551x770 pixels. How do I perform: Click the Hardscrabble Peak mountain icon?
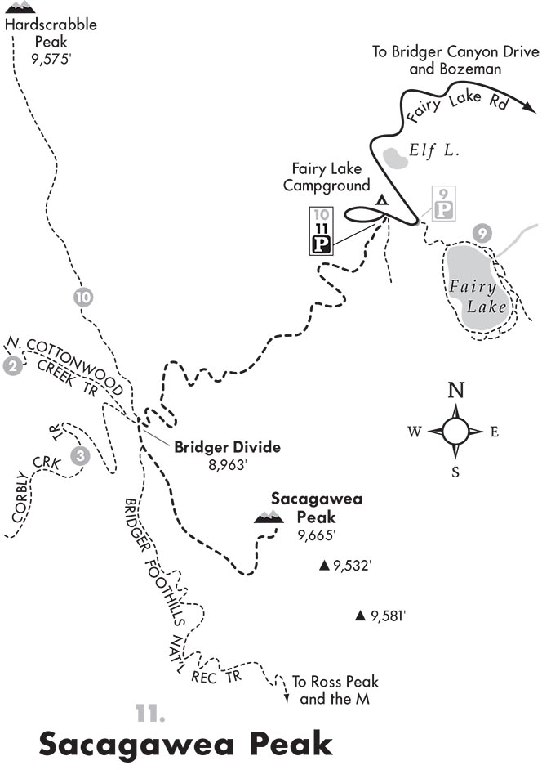coord(20,8)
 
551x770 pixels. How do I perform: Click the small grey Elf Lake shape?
coord(397,156)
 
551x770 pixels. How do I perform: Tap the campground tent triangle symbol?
coord(380,199)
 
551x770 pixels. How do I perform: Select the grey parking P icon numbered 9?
coord(443,210)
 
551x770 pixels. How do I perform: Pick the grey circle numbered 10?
coord(82,298)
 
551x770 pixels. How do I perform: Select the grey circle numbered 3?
coord(79,455)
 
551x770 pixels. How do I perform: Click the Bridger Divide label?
coord(227,447)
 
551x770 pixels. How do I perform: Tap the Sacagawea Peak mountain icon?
coord(269,516)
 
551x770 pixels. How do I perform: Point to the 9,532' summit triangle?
coord(324,565)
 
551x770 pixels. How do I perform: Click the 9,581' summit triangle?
coord(359,616)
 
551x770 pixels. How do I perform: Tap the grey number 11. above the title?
coord(151,714)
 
